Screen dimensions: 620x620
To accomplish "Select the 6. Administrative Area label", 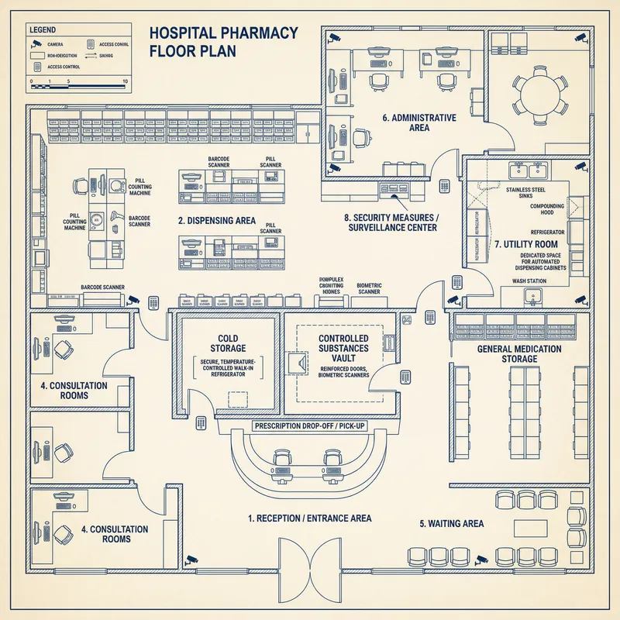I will (x=418, y=122).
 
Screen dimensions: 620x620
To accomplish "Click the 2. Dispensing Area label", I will (x=216, y=221).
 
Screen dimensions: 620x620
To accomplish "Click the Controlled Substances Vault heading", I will (x=343, y=344).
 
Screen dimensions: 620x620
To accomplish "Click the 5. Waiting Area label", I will (x=452, y=524).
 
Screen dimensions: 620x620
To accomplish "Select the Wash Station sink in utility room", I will (x=532, y=295).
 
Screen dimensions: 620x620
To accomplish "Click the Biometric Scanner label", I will (x=369, y=289).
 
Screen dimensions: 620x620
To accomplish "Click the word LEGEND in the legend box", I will (x=43, y=29).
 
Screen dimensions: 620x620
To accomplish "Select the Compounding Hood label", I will (x=546, y=210).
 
